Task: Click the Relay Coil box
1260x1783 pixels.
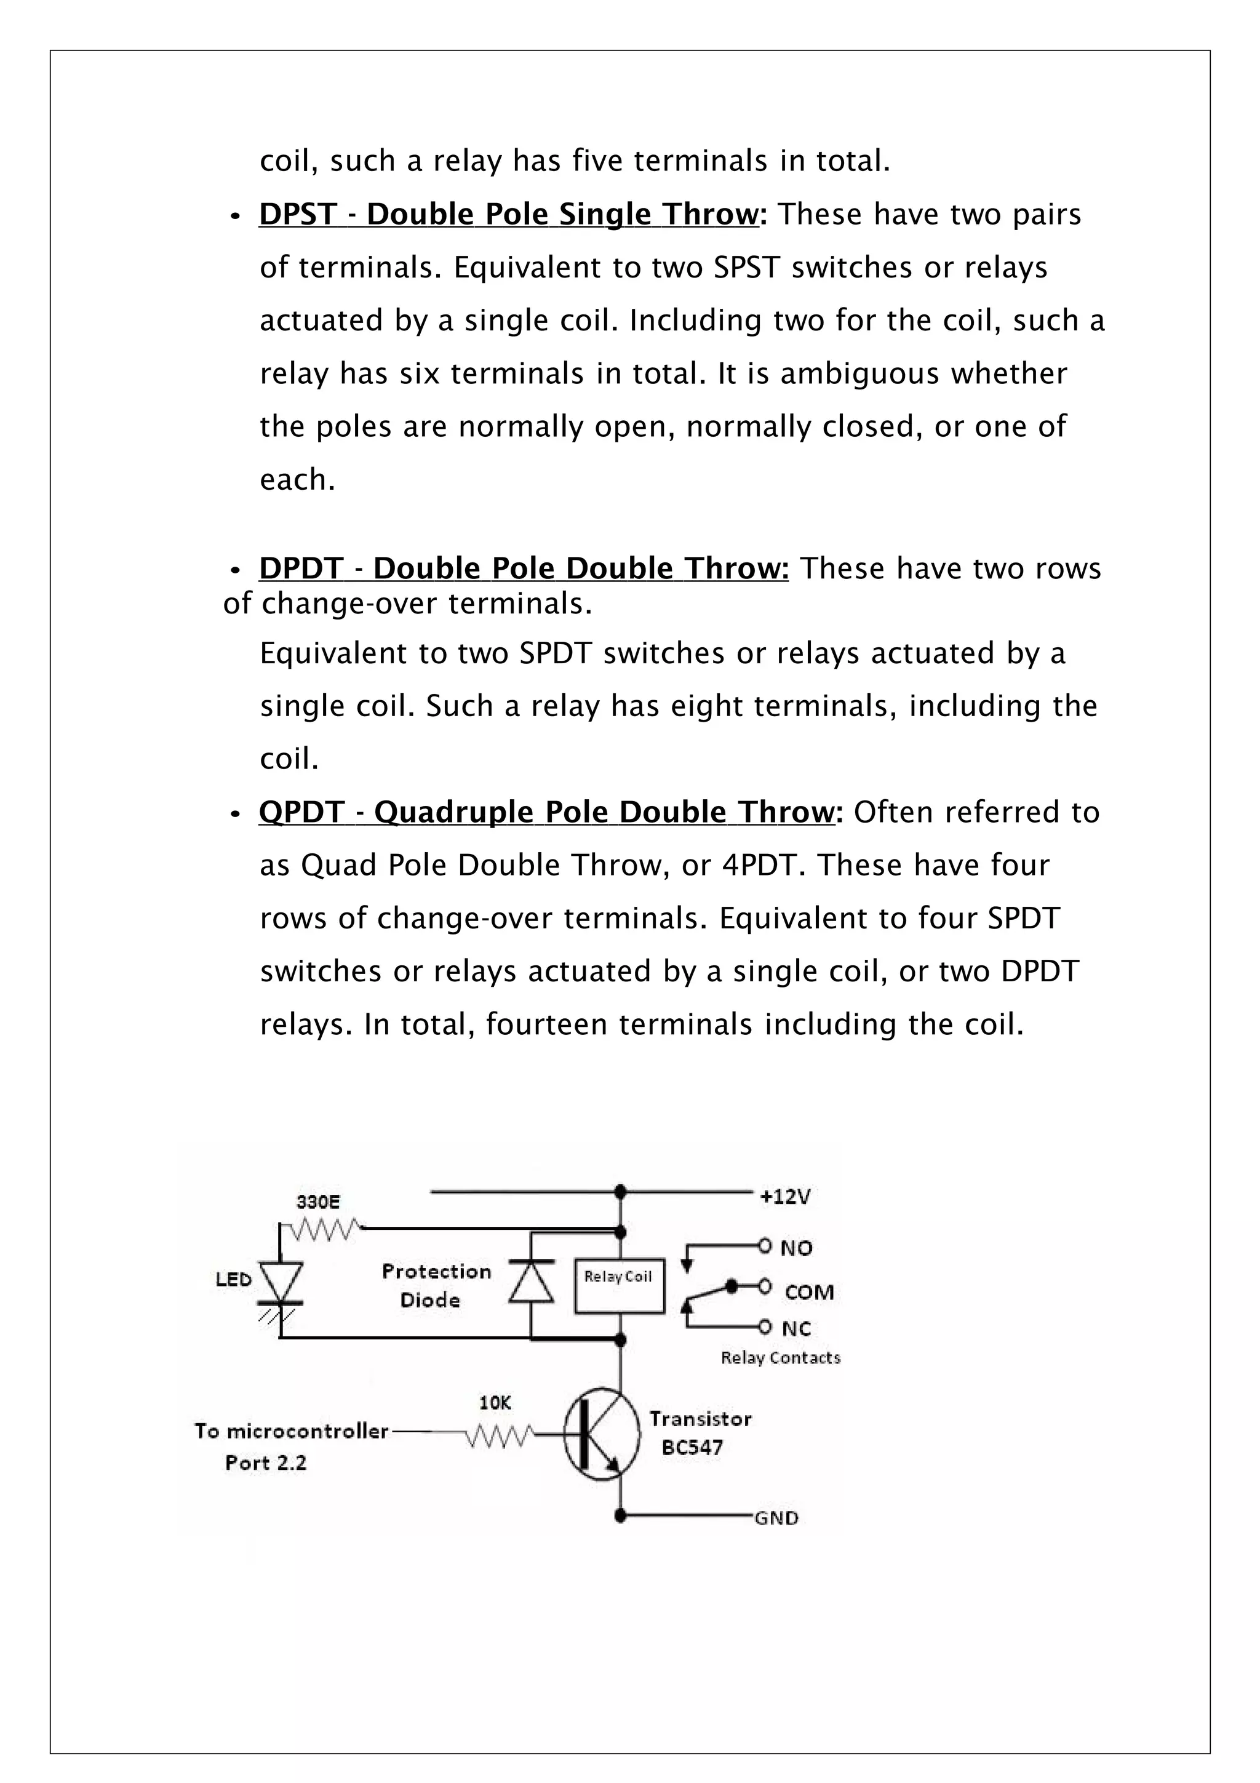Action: pyautogui.click(x=619, y=1285)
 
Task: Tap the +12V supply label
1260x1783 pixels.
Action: pyautogui.click(x=785, y=1196)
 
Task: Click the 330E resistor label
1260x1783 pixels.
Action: pyautogui.click(x=318, y=1202)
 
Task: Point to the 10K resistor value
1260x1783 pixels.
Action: pyautogui.click(x=495, y=1403)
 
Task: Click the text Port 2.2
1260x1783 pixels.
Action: pyautogui.click(x=266, y=1463)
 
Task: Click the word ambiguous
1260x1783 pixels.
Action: pyautogui.click(x=859, y=373)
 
